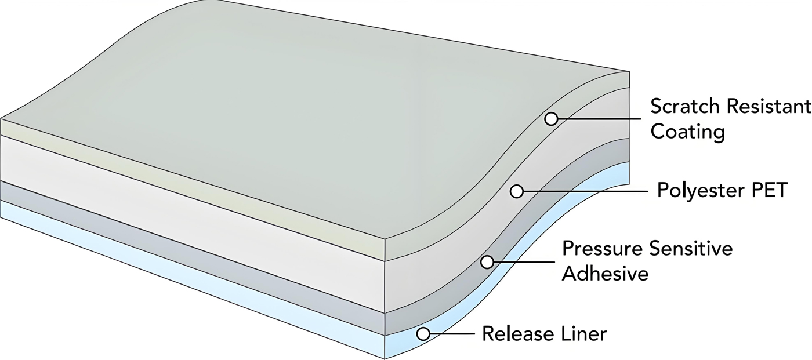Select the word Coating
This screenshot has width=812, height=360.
coord(688,132)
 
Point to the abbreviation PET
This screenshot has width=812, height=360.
coord(769,190)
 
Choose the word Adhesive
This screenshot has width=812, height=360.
coord(605,273)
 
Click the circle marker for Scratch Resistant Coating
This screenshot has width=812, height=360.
coord(551,119)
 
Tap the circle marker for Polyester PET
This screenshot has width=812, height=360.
coord(516,191)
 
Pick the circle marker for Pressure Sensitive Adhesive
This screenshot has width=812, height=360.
coord(487,262)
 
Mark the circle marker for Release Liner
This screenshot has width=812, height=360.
coord(424,334)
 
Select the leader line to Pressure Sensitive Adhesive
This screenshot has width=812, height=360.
coord(522,262)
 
